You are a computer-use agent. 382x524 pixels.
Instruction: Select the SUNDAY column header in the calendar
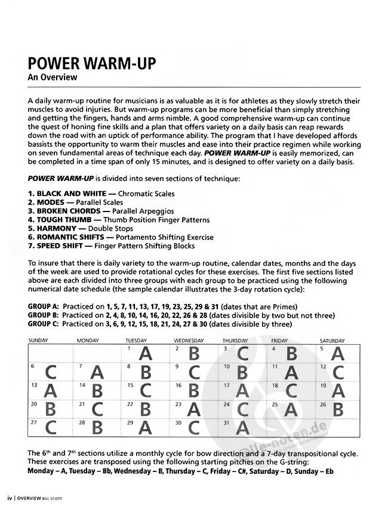tap(38, 341)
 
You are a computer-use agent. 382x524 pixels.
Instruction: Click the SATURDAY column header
tap(332, 341)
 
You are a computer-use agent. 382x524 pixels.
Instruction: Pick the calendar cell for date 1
tap(147, 353)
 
